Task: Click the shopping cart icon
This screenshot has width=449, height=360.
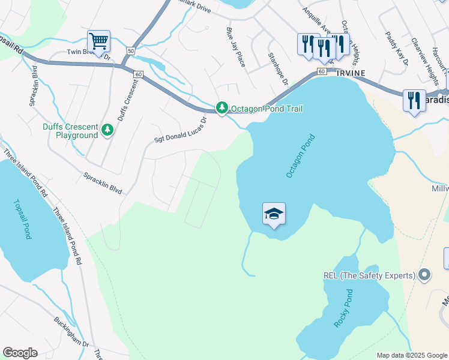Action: coord(98,41)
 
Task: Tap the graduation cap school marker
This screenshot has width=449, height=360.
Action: coord(274,214)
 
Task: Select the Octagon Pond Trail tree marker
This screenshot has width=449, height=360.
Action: coord(222,108)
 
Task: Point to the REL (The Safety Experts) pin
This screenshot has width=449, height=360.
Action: coord(425,275)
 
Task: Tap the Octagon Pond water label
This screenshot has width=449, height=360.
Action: coord(300,155)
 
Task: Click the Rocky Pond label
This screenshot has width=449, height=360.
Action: coord(343,308)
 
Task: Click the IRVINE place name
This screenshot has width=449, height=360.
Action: coord(349,72)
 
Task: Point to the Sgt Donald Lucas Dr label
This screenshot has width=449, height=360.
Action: coord(180,130)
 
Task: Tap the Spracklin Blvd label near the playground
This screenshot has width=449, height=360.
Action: coord(103,183)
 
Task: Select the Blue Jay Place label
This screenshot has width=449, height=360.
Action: coord(235,47)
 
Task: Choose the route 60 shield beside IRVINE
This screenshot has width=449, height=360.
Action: coord(322,71)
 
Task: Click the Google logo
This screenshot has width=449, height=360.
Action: coord(20,353)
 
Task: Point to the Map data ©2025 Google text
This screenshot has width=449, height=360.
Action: coord(412,355)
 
